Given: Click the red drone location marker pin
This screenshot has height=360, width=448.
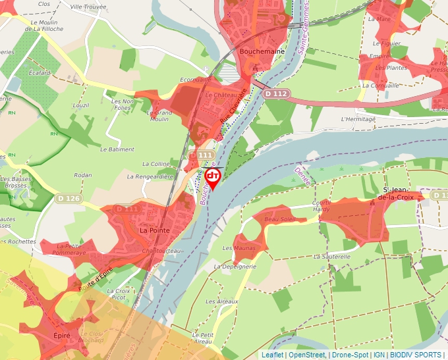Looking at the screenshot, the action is click(213, 178).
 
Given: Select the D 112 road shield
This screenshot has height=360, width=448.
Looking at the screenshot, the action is click(275, 94).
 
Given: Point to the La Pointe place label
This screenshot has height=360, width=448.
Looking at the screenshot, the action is click(155, 230).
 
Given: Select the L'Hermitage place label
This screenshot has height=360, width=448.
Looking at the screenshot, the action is click(358, 119).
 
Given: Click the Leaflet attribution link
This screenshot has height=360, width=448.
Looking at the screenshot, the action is click(272, 355).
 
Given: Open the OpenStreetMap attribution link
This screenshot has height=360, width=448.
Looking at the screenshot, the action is click(307, 355).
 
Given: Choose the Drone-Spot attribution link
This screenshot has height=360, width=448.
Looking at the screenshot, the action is click(350, 355).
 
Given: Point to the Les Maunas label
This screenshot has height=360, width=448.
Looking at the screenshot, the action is click(238, 248).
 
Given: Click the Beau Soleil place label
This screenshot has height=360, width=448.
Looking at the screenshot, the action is click(280, 219).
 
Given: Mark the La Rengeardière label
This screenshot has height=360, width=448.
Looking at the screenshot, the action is click(150, 176).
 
